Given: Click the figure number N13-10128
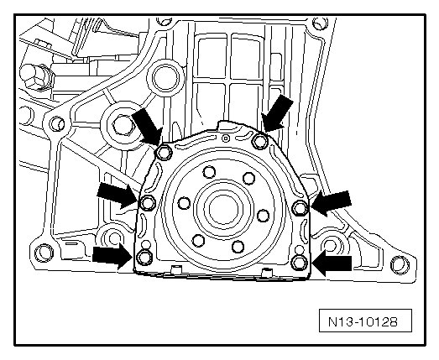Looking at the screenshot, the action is [x=363, y=321].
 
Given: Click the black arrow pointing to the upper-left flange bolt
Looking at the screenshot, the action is [x=147, y=127].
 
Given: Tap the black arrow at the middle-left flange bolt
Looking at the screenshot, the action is [x=118, y=196].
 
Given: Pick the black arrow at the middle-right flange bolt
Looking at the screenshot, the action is [x=332, y=203].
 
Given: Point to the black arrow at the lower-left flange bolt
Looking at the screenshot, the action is [x=112, y=256].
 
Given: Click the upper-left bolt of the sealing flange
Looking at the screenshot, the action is [x=164, y=153].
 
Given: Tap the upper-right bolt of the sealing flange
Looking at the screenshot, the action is [x=260, y=141].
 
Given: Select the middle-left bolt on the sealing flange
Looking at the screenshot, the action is [x=148, y=203].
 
